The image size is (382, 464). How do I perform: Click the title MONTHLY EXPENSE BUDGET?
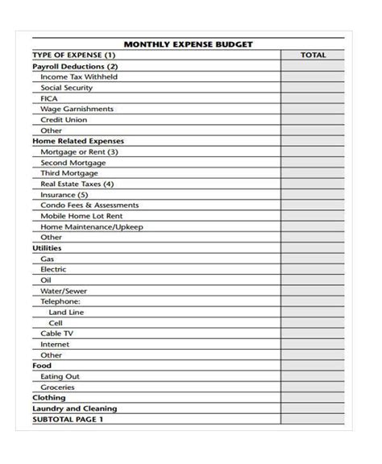pyautogui.click(x=188, y=43)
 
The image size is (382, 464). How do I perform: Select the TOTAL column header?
pyautogui.click(x=313, y=55)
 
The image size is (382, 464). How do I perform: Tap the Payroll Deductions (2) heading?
pyautogui.click(x=75, y=66)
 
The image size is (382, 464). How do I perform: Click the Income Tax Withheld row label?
pyautogui.click(x=79, y=77)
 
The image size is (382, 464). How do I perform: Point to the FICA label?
pyautogui.click(x=49, y=98)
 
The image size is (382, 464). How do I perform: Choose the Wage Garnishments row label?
pyautogui.click(x=77, y=109)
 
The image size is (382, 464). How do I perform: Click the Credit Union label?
pyautogui.click(x=64, y=119)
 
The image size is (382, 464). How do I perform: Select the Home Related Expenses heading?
pyautogui.click(x=78, y=141)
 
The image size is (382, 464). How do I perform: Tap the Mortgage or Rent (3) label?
pyautogui.click(x=80, y=151)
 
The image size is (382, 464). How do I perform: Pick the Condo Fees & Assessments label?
pyautogui.click(x=89, y=205)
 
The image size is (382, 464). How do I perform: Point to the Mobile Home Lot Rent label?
pyautogui.click(x=81, y=216)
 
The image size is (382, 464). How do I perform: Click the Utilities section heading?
pyautogui.click(x=47, y=248)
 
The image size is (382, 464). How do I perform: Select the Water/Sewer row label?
pyautogui.click(x=64, y=291)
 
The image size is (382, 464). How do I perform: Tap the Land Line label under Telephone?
pyautogui.click(x=66, y=312)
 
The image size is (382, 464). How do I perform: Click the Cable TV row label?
pyautogui.click(x=57, y=333)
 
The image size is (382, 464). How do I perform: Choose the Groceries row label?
pyautogui.click(x=58, y=387)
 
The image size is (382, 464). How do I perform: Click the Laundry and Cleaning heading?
pyautogui.click(x=74, y=408)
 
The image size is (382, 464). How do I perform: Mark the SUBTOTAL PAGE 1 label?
pyautogui.click(x=68, y=419)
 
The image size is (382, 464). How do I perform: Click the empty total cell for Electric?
pyautogui.click(x=313, y=269)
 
